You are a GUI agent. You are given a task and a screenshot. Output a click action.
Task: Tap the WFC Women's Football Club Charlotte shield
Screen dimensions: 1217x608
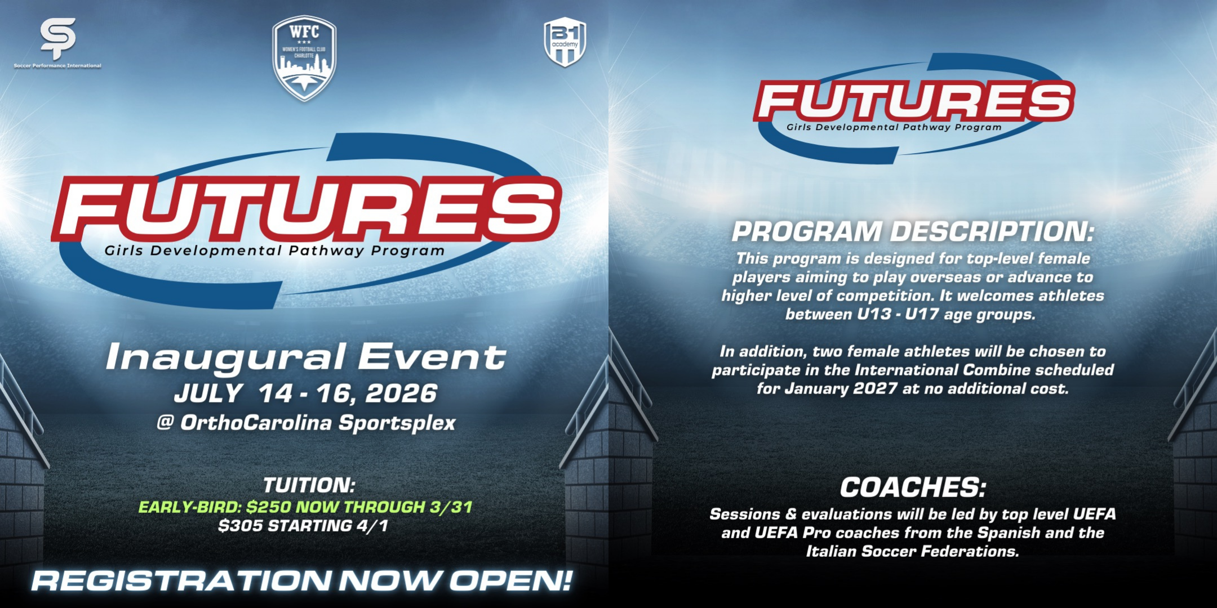(304, 59)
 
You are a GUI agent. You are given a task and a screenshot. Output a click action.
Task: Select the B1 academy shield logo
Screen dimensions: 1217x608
(565, 42)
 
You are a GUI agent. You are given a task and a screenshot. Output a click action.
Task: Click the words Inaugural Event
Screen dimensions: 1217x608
(306, 357)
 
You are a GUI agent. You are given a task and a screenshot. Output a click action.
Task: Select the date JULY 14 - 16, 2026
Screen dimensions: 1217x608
(305, 393)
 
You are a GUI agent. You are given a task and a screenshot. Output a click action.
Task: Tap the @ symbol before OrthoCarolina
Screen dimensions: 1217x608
(165, 422)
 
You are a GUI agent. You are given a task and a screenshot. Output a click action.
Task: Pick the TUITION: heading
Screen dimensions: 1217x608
(309, 485)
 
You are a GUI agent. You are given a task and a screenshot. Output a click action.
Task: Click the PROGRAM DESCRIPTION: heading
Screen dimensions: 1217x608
(913, 231)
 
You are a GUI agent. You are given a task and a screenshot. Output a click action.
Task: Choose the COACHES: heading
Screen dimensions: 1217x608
(913, 487)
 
